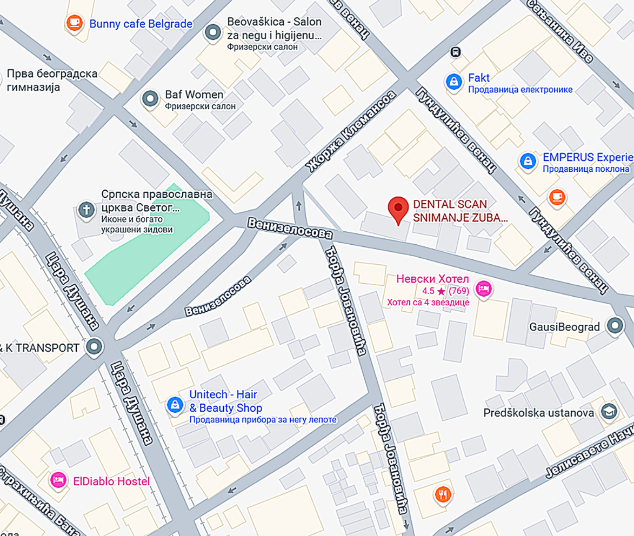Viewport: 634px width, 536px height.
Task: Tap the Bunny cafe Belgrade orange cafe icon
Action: [74, 23]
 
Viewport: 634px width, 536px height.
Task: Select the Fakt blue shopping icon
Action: [453, 82]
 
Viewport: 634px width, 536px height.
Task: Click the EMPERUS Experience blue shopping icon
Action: [527, 161]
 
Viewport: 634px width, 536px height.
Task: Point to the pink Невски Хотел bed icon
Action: [483, 287]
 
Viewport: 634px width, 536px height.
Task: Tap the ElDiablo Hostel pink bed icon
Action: [58, 480]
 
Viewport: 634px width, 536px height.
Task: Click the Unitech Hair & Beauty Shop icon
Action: [175, 404]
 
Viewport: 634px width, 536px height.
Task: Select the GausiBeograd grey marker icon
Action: [615, 326]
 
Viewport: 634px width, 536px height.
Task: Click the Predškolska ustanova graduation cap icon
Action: [609, 411]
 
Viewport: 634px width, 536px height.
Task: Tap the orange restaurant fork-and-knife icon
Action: [443, 493]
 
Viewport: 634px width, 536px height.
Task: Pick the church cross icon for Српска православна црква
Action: [85, 209]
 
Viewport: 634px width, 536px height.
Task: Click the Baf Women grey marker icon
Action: [149, 99]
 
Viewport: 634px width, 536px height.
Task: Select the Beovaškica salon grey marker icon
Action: [212, 32]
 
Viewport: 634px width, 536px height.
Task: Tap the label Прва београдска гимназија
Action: [51, 80]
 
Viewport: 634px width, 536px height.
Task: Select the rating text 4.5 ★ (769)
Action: [445, 291]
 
